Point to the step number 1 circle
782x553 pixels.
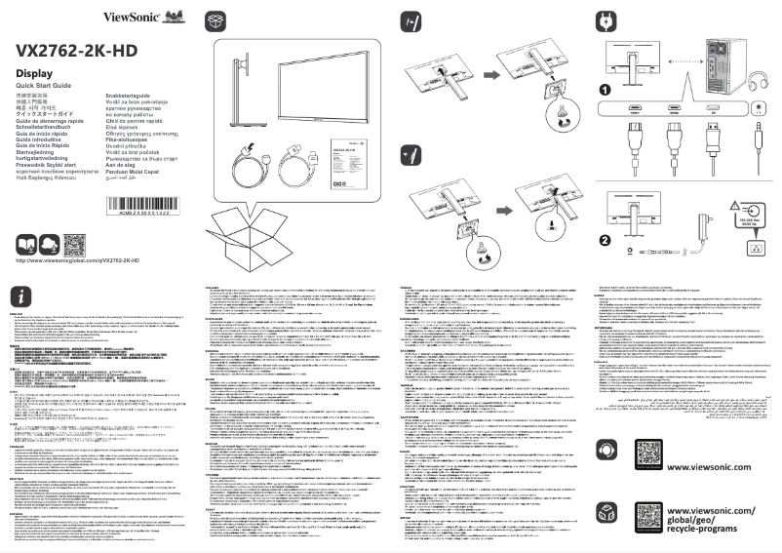pos(605,91)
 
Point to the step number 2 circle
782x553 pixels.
pos(605,240)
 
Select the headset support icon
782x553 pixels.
pos(607,452)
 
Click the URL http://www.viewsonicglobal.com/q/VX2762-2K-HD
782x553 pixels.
pos(78,261)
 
